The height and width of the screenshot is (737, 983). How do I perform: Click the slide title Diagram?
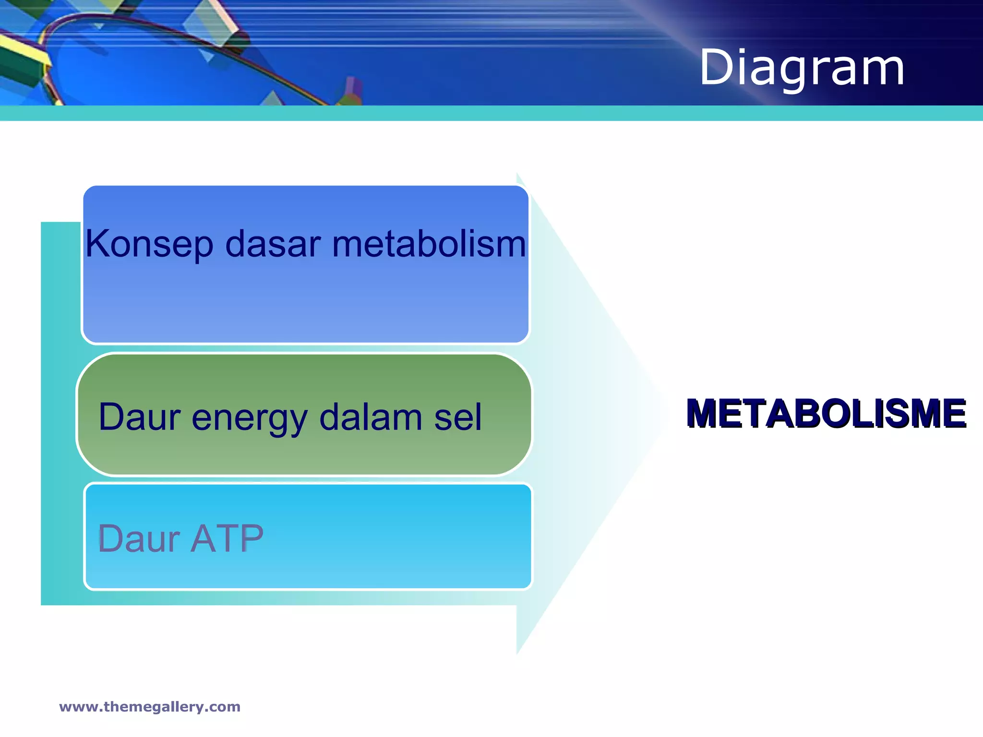click(802, 68)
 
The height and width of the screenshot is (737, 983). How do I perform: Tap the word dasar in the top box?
click(273, 244)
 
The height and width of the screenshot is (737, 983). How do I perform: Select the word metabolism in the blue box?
click(429, 244)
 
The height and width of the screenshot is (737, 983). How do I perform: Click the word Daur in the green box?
click(139, 416)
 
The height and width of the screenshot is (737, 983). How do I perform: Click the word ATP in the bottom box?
click(227, 538)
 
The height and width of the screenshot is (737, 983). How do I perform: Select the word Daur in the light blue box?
click(139, 538)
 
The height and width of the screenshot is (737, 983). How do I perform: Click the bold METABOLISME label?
click(826, 413)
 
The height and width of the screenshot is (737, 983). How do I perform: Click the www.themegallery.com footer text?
click(150, 707)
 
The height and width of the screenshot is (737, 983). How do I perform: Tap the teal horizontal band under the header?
click(491, 113)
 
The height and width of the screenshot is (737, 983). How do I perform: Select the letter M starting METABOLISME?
click(702, 413)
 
